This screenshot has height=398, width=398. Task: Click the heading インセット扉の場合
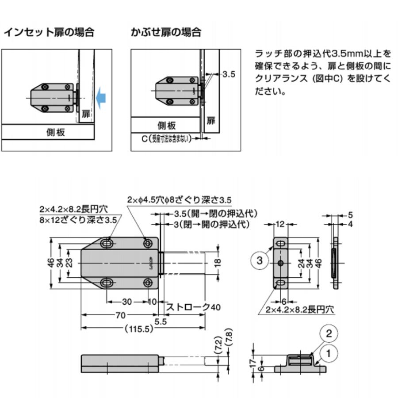point(49,32)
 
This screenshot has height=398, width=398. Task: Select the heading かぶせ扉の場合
point(166,32)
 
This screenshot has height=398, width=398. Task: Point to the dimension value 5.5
point(161,322)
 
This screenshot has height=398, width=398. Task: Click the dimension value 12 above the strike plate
point(279,224)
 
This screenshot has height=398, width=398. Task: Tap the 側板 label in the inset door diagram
point(56,132)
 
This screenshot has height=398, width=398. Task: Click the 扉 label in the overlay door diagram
point(211,120)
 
